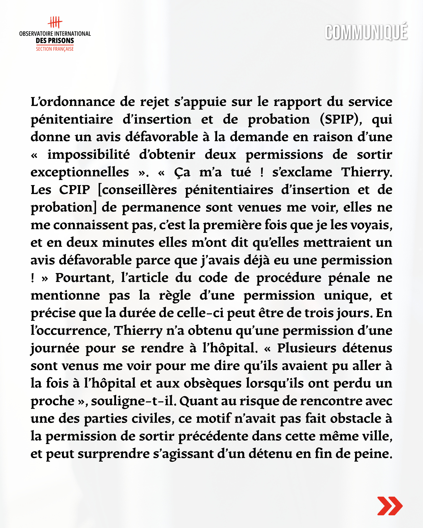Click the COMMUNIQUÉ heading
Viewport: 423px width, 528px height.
[x=366, y=32]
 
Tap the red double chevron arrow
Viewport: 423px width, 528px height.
[x=390, y=506]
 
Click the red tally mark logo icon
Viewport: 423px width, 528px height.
[x=55, y=22]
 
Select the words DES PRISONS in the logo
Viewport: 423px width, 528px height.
[x=55, y=41]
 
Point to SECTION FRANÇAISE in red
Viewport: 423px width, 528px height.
[x=55, y=49]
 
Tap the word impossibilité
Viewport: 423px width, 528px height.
[x=89, y=155]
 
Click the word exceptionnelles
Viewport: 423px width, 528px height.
[x=80, y=172]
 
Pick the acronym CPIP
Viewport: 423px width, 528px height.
[x=75, y=190]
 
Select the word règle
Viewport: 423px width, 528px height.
[x=175, y=296]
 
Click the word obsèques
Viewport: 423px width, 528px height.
[x=213, y=384]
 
